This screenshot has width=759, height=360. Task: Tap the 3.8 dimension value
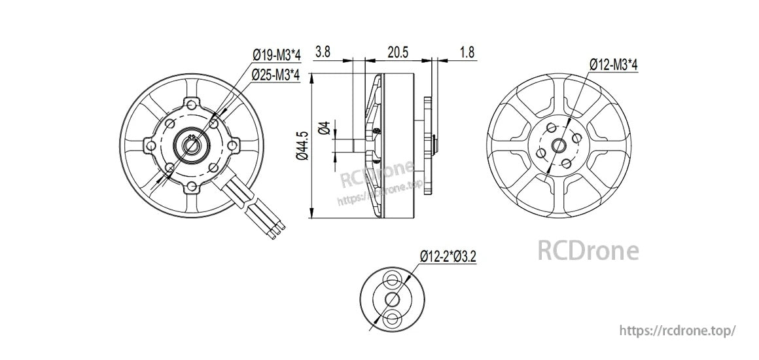point(323,52)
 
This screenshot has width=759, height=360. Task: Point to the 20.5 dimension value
point(398,52)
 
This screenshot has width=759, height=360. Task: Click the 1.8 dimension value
point(467,52)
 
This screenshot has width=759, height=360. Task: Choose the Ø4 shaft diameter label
point(323,128)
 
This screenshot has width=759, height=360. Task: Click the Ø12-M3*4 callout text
point(613,64)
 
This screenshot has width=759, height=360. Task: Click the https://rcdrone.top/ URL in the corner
point(677,331)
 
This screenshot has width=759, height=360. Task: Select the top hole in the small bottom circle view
point(392,280)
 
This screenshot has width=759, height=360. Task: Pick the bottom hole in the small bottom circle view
point(392,319)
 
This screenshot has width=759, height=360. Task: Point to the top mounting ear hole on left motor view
point(192,103)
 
